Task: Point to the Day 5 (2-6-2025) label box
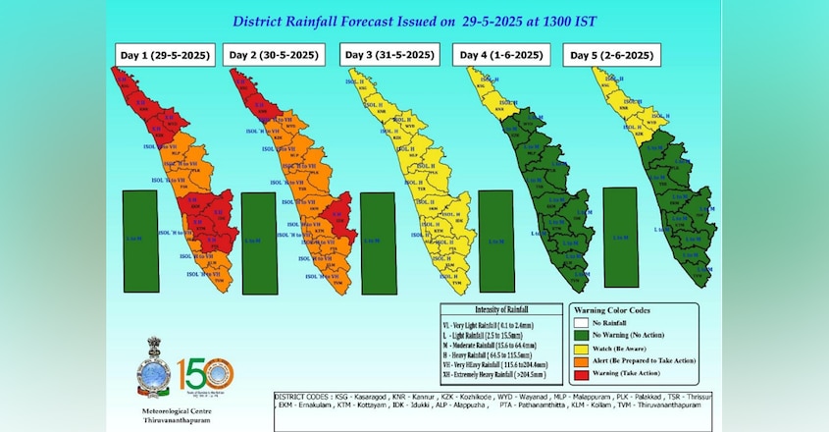[610, 55]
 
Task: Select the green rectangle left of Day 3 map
[378, 241]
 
